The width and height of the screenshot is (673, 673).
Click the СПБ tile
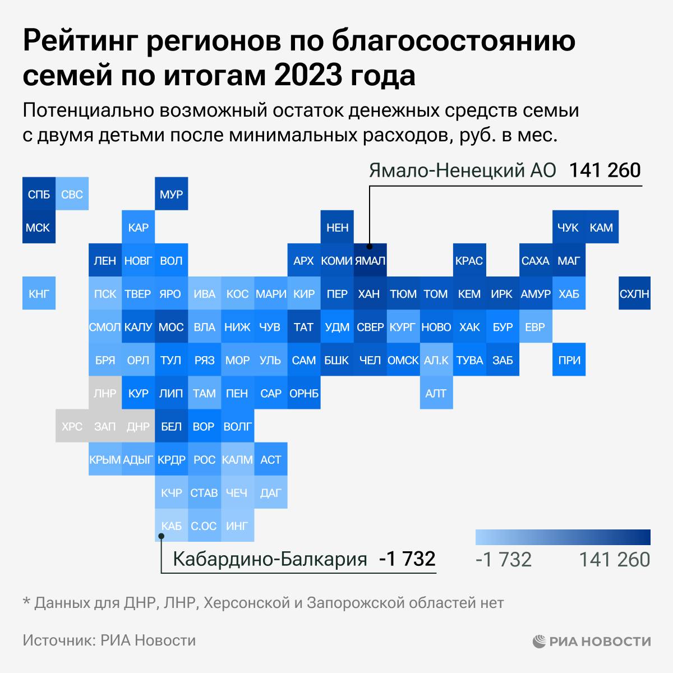pos(39,194)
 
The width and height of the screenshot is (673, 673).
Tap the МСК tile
pos(39,227)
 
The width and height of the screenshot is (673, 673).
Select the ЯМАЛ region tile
pos(370,260)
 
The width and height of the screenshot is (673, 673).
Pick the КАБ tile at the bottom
pos(171,526)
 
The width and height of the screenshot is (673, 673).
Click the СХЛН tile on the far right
pos(634,293)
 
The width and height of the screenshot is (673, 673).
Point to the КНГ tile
pos(39,293)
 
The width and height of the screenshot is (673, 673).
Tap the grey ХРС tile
pos(72,426)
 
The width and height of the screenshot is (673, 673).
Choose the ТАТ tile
pos(303,326)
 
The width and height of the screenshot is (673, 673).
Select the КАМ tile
pos(601,227)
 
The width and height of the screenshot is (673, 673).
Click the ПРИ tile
pos(569,359)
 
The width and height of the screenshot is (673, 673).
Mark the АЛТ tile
pos(436,393)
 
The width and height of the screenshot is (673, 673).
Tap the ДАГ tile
pos(270,492)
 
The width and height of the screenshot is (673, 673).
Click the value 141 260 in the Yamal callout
pos(605,170)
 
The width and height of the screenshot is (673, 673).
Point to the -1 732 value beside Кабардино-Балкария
pos(407,559)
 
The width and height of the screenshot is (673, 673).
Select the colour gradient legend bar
pos(563,537)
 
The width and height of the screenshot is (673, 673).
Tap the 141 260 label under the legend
pos(614,560)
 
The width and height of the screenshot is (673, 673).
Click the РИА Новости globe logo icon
pos(539,640)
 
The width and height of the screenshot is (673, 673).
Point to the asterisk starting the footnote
pos(26,602)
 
